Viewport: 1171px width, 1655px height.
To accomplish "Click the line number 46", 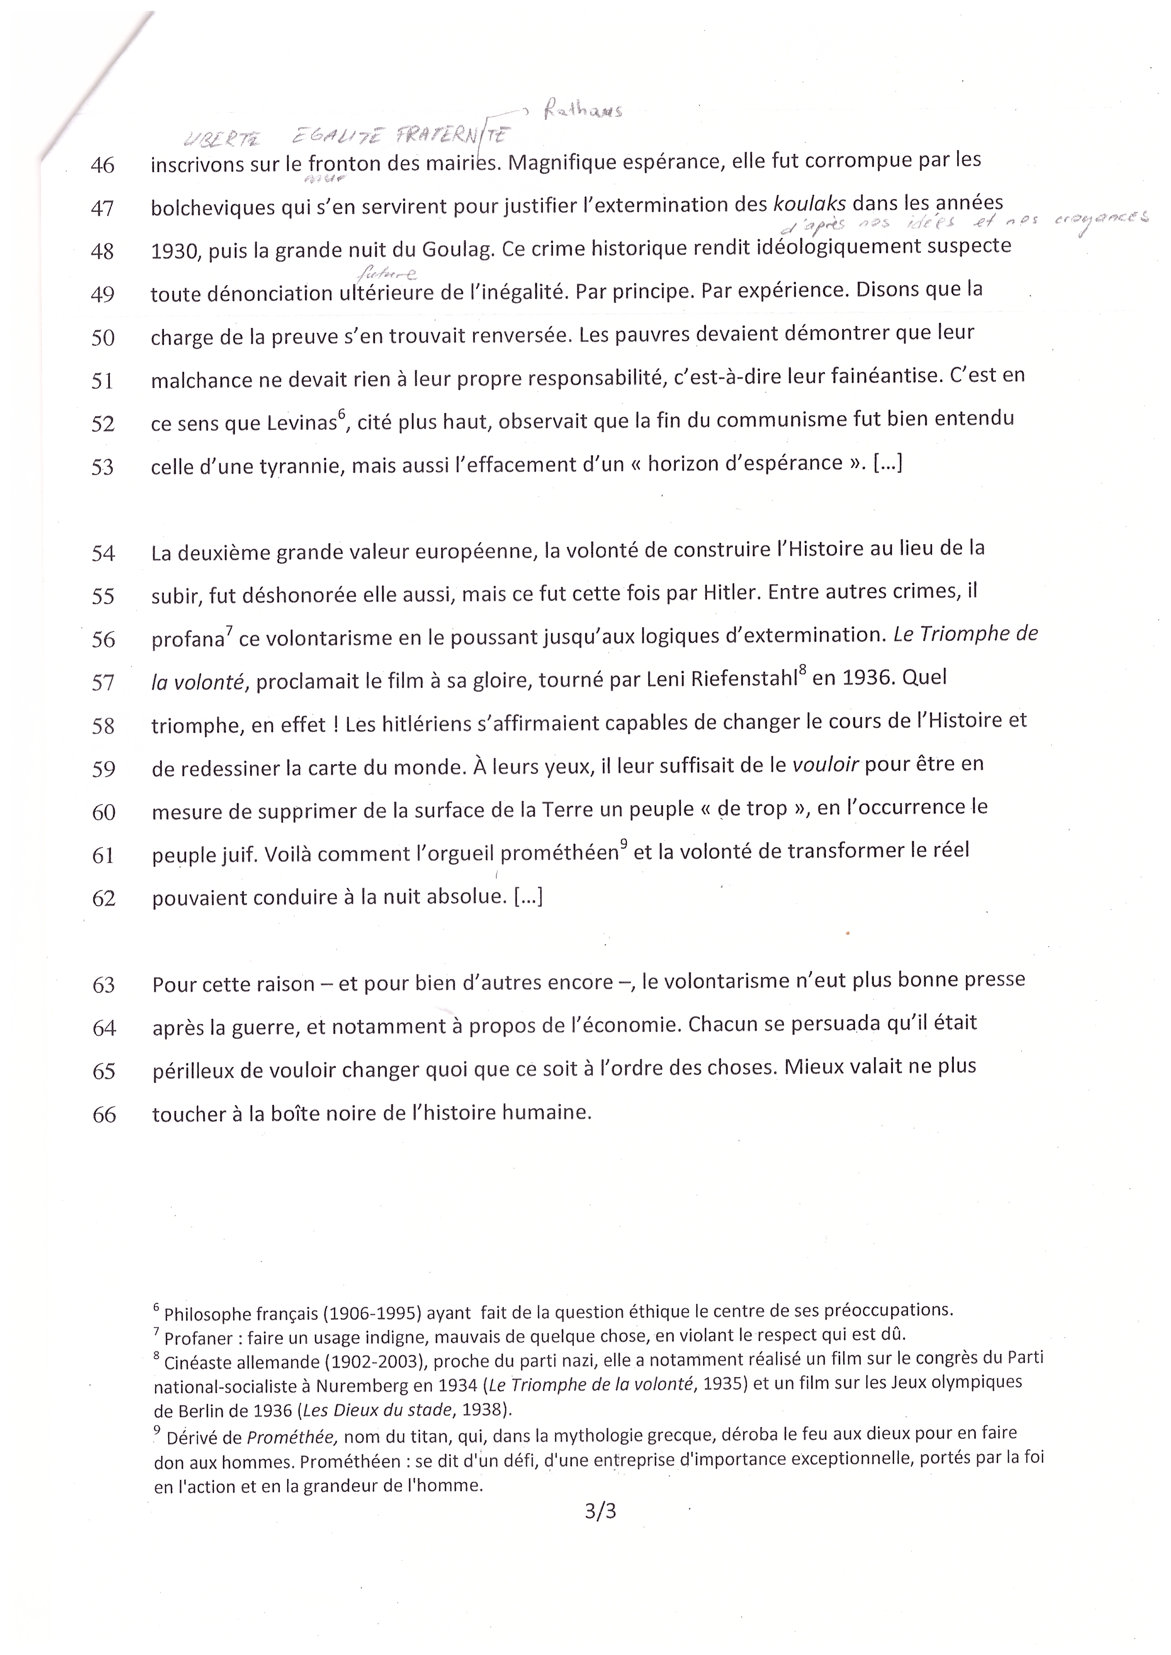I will click(x=102, y=166).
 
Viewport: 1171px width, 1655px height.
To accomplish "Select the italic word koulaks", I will click(x=809, y=204).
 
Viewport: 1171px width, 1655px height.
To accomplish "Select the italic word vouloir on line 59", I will click(x=826, y=764).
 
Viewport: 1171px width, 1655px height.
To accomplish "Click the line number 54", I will click(x=104, y=554).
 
